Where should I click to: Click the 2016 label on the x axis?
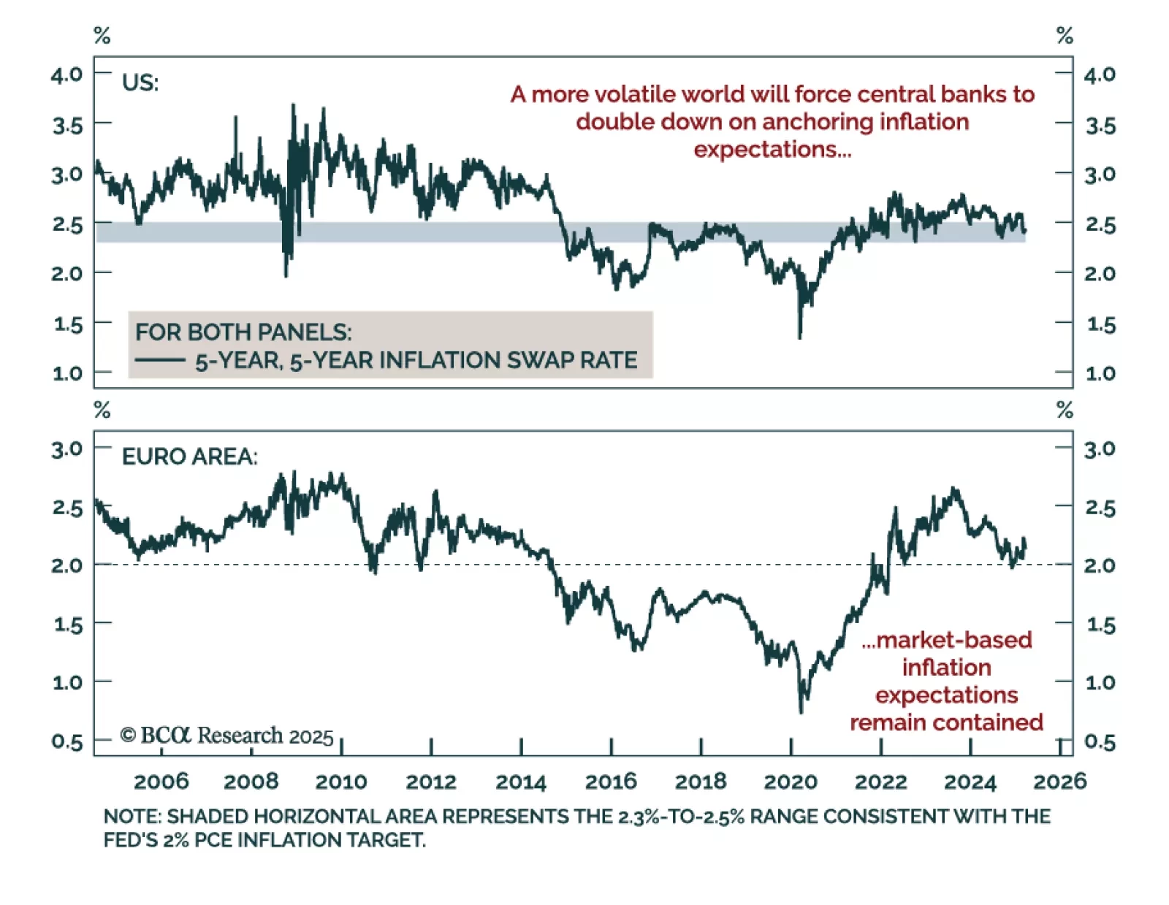(x=611, y=782)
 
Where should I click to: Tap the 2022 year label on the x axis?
(x=880, y=782)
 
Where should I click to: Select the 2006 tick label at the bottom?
(x=161, y=782)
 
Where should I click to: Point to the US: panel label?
(x=140, y=83)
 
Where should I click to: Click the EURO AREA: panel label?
(x=189, y=457)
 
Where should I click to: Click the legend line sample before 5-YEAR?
(x=160, y=360)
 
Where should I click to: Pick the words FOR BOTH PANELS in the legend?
(x=243, y=332)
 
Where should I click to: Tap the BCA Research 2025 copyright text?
(x=227, y=735)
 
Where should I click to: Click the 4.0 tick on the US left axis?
(x=66, y=74)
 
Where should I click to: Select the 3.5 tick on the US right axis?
(x=1100, y=126)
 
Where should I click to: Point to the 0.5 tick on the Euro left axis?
(x=67, y=742)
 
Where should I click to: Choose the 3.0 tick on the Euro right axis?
(x=1100, y=449)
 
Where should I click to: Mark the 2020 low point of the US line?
(x=800, y=337)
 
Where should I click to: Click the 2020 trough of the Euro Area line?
(x=801, y=712)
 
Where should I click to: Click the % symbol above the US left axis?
(x=102, y=35)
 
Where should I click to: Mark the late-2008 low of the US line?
(x=286, y=276)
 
